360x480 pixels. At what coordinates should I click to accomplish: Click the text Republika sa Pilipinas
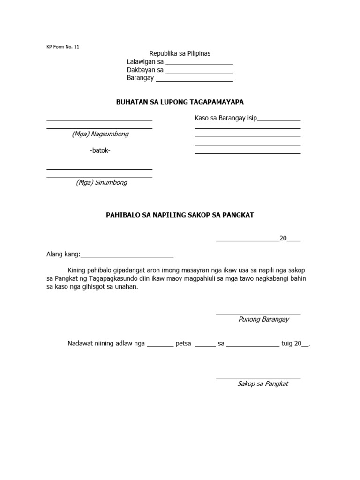pos(180,54)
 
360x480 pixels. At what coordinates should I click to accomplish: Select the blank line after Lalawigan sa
pos(199,65)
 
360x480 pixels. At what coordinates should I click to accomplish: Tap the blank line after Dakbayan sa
pos(199,73)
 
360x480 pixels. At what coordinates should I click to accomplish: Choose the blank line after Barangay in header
pos(194,81)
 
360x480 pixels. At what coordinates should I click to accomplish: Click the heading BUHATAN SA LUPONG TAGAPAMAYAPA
pos(180,102)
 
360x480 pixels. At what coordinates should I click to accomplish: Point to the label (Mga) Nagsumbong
pos(100,134)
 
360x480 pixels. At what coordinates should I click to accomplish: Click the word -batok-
pos(100,150)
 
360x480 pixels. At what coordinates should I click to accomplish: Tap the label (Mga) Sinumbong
pos(101,183)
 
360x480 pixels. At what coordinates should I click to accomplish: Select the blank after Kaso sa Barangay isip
pos(279,121)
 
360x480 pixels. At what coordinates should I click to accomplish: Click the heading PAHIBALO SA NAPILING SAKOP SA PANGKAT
pos(180,215)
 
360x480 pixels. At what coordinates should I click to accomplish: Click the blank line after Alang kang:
pos(127,257)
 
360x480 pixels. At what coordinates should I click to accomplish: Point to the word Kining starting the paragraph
pos(78,270)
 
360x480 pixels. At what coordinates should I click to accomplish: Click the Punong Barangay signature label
pos(263,319)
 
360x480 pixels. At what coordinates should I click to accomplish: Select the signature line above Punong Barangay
pos(258,314)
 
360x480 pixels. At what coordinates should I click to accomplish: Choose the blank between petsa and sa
pos(205,346)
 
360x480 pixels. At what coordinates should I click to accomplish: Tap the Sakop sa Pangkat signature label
pos(262,383)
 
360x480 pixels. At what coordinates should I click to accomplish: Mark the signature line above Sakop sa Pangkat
pos(258,378)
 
